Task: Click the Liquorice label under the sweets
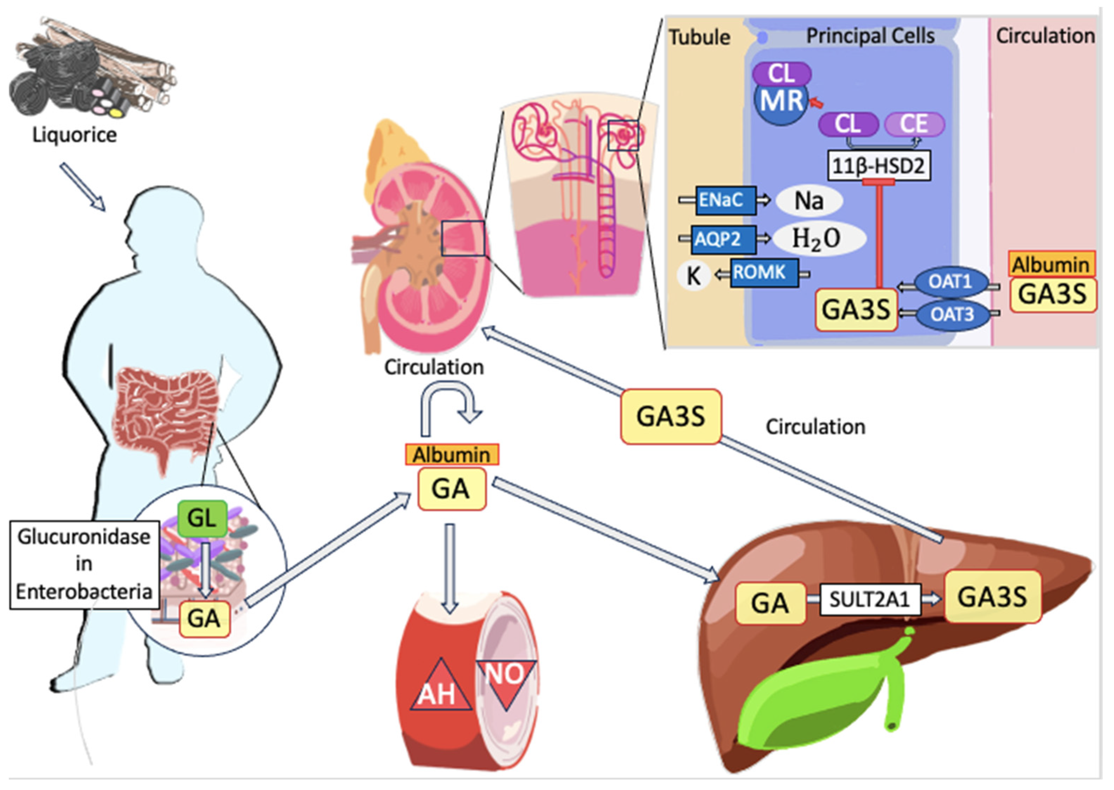point(75,135)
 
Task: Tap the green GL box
point(201,518)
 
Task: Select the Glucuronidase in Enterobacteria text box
point(84,564)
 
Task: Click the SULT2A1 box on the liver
point(869,599)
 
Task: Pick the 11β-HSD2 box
point(878,166)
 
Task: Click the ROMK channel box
point(763,273)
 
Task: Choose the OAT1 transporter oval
point(950,282)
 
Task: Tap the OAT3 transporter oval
point(952,315)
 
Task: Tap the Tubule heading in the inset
point(699,37)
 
